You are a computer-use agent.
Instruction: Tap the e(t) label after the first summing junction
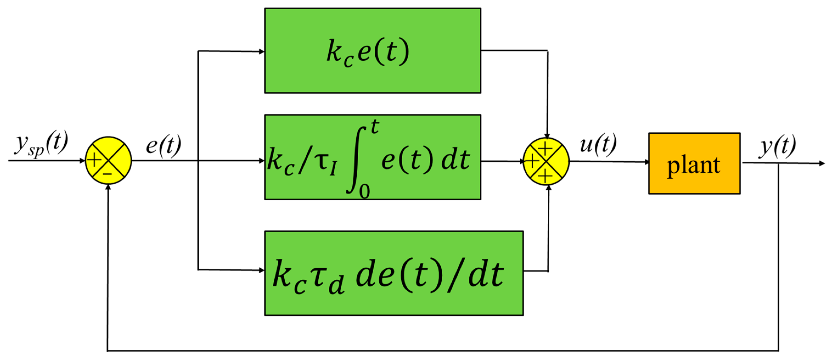(x=163, y=146)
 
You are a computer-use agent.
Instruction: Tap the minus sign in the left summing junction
(x=108, y=174)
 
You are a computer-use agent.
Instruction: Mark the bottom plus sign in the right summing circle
(x=545, y=176)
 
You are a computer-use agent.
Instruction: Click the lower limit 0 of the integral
(x=364, y=192)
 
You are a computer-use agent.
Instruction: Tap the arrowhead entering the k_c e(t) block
(x=262, y=51)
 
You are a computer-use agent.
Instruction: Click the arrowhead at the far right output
(x=821, y=164)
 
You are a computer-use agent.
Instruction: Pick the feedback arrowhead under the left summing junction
(x=108, y=187)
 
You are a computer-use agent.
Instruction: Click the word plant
(x=693, y=166)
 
